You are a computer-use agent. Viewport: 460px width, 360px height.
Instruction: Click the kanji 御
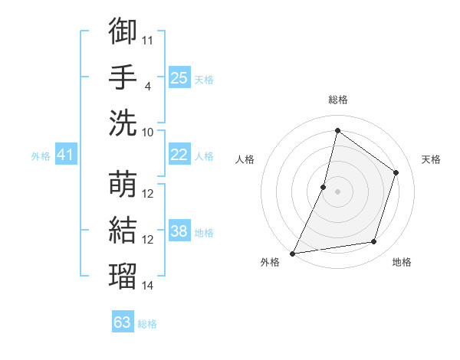click(x=123, y=31)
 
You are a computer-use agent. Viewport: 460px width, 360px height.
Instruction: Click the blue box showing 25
click(x=179, y=77)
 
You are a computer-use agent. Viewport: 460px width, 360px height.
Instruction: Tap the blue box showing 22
click(x=179, y=155)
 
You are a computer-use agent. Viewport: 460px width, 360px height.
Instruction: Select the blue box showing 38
click(x=179, y=232)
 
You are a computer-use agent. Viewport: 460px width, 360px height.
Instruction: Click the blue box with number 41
click(x=66, y=155)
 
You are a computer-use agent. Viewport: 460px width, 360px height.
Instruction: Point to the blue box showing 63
click(x=123, y=322)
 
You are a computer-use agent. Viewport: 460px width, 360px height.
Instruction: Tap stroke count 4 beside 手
click(x=148, y=86)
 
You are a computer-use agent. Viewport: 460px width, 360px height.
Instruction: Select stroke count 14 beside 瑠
click(x=148, y=286)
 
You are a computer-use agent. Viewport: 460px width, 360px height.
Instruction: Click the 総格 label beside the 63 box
click(x=147, y=324)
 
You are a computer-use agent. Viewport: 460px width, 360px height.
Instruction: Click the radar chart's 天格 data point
click(x=396, y=172)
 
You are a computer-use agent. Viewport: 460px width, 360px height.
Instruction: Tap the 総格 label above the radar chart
click(x=337, y=100)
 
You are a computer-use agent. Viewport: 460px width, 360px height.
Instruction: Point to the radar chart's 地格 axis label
click(x=402, y=262)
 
